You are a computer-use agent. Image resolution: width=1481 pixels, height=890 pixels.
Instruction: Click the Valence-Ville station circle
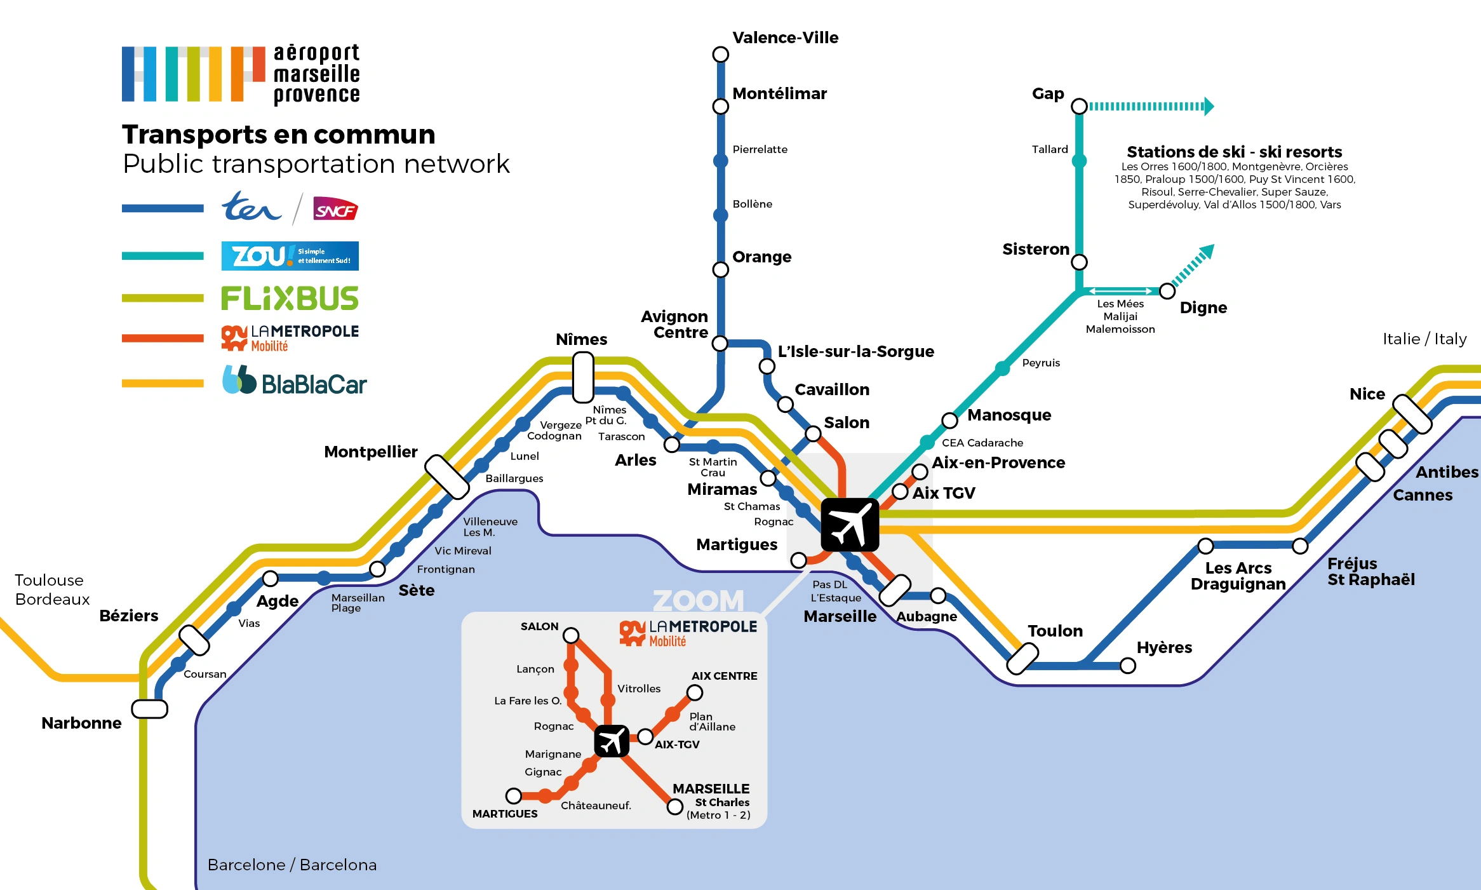point(720,55)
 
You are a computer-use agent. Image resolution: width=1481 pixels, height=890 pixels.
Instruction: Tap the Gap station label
point(1047,94)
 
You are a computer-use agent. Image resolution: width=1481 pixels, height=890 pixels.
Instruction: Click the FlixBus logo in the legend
point(290,298)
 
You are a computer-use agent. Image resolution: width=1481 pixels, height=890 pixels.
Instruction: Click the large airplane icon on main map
point(850,525)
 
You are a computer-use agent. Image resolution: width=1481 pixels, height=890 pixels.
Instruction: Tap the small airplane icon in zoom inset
point(612,741)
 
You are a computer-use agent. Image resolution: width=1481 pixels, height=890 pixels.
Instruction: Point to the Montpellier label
point(370,452)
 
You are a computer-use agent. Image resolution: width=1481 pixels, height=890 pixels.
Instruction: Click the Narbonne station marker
point(149,709)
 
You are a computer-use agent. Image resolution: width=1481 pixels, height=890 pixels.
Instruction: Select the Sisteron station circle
point(1079,262)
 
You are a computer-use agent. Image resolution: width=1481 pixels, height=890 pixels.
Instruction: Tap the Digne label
point(1203,307)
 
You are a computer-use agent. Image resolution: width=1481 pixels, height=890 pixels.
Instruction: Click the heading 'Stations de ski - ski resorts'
point(1234,152)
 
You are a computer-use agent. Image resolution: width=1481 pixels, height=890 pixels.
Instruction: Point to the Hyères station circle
point(1127,666)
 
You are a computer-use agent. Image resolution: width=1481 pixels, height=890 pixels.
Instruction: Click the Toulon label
point(1055,631)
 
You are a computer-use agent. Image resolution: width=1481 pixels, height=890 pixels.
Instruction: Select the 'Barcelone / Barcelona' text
point(292,865)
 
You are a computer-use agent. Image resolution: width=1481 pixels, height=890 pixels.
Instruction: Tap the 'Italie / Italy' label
point(1424,339)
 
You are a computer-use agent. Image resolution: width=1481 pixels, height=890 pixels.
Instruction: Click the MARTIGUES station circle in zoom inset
point(514,796)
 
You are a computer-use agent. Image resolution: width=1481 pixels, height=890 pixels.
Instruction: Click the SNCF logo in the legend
point(335,209)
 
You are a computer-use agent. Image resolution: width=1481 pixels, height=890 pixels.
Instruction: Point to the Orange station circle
point(720,269)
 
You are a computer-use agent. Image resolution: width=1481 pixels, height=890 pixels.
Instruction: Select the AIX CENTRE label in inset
point(724,676)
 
